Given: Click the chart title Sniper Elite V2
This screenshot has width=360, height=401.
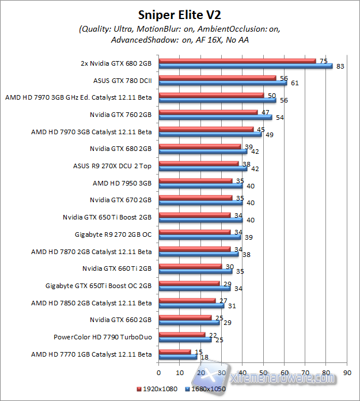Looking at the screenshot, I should coord(180,13).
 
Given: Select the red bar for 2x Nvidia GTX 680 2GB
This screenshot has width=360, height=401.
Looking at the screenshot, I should coord(237,60).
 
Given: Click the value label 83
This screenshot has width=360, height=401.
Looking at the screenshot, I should coord(340,66).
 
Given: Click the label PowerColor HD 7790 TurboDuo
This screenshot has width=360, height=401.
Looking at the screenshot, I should coord(103,337).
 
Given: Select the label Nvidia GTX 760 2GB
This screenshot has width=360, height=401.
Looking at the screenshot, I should coord(120,115).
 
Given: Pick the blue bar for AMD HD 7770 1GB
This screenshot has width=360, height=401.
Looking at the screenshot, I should coord(170,357).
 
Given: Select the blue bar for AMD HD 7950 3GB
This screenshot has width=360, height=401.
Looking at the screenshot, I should coord(200,186).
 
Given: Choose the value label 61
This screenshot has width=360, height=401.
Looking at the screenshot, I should coord(294,83).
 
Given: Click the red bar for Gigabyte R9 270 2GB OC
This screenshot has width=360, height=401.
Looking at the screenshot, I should coord(194,232).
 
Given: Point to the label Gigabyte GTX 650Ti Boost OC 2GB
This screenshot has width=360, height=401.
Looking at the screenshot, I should coord(98,285).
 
